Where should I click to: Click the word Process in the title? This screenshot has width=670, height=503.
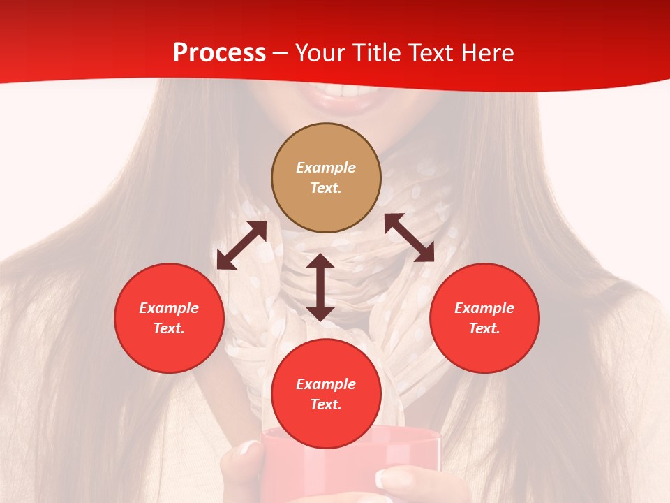pos(219,53)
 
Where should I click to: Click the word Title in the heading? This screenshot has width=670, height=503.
pos(375,53)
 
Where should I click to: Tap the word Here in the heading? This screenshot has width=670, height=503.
pos(486,53)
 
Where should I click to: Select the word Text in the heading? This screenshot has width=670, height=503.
pos(431,53)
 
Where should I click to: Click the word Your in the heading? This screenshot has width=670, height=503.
pos(322,53)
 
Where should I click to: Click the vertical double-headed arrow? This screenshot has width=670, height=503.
pos(320,287)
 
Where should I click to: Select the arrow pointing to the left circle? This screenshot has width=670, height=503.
pos(241,245)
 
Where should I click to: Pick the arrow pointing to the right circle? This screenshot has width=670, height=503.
pos(409,238)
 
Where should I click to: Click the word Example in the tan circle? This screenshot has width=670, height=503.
pos(326,168)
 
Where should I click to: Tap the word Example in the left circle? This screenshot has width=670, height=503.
pos(169,308)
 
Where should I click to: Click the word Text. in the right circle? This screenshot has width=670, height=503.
pos(484,328)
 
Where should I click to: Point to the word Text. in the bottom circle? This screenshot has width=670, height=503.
pos(326,404)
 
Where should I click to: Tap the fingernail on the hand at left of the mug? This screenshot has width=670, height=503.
pos(248,448)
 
